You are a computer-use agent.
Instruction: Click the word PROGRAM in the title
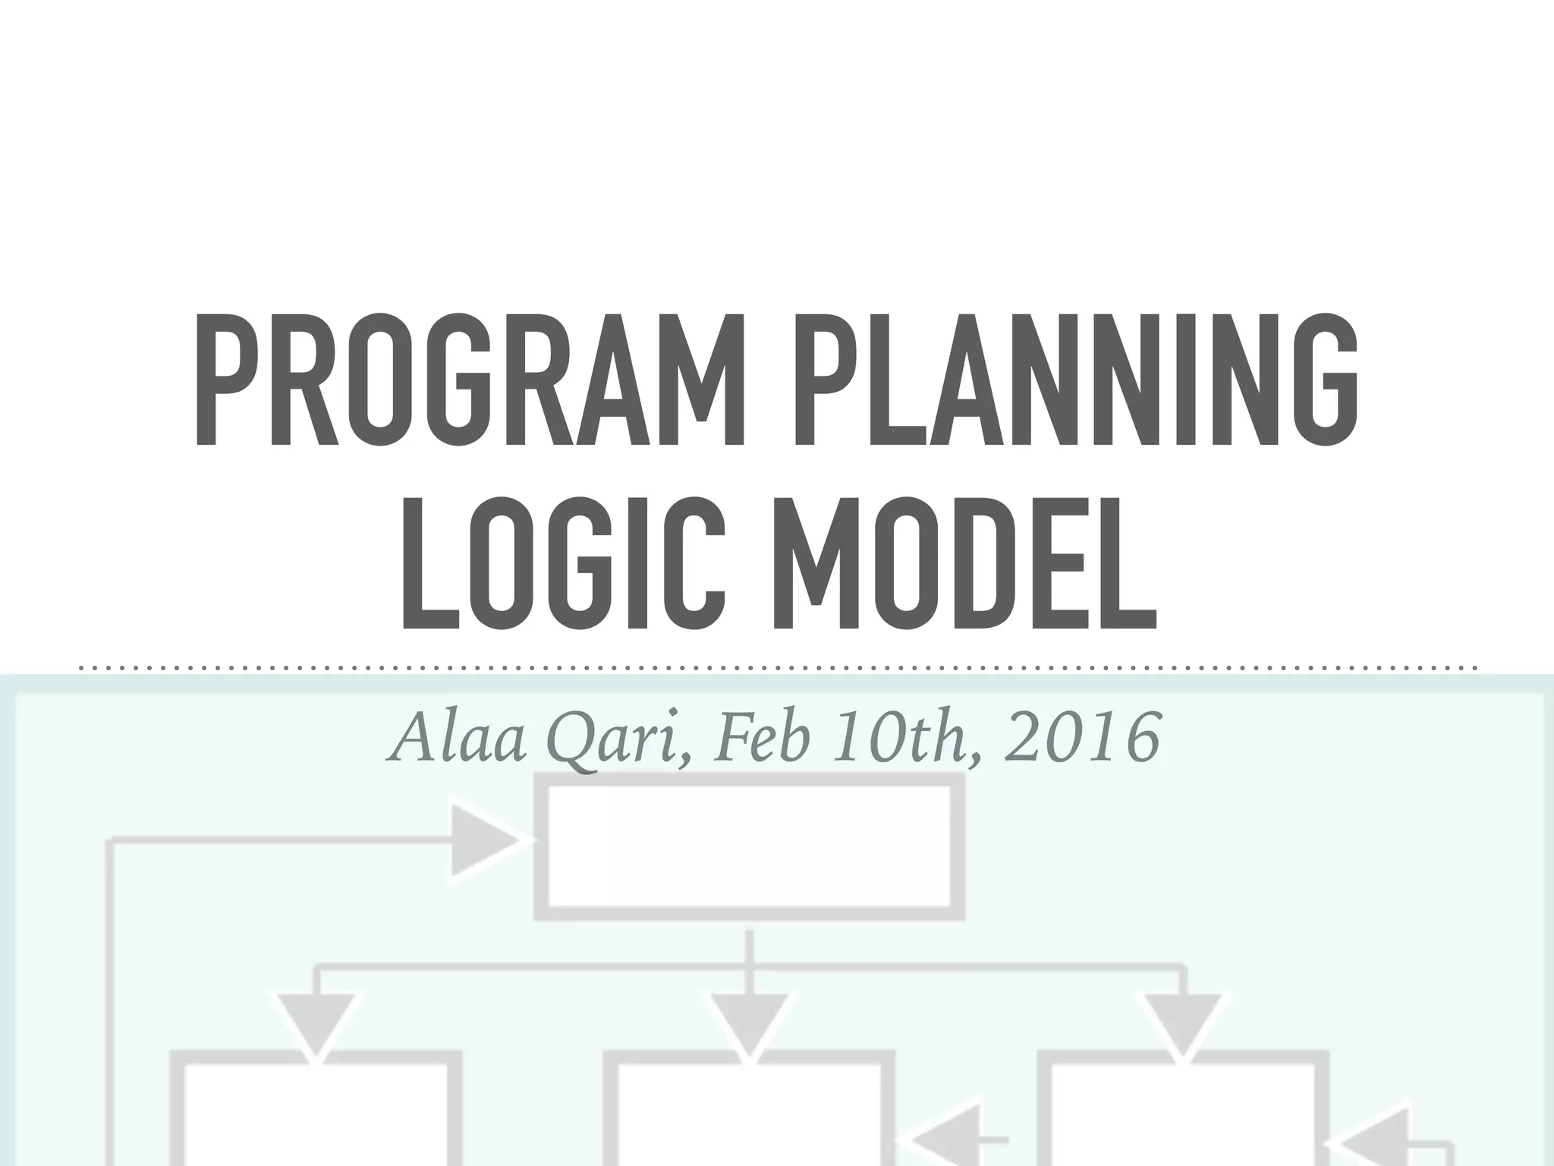point(469,381)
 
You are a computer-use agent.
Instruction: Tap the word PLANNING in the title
point(1074,381)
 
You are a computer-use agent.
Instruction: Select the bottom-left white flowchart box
point(315,1116)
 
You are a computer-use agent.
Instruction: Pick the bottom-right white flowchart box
point(1182,1116)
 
